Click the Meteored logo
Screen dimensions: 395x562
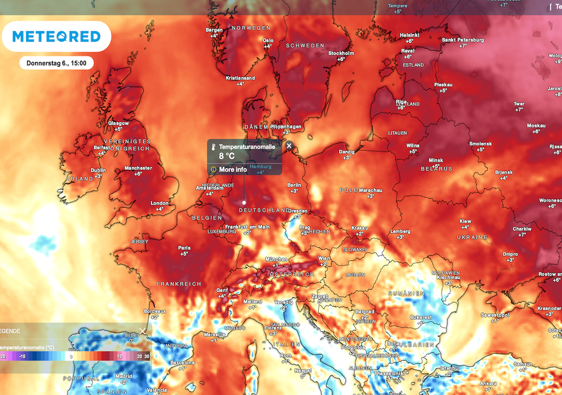(x=57, y=37)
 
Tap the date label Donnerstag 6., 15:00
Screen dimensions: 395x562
(x=57, y=63)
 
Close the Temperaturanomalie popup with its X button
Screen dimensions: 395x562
(x=289, y=146)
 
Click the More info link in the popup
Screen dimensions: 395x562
(x=233, y=170)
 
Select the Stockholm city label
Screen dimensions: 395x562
(x=341, y=53)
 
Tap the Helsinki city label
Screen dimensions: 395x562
(x=409, y=35)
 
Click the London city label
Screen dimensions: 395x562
(x=160, y=203)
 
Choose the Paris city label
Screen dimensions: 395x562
(x=184, y=248)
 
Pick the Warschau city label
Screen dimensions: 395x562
(x=370, y=190)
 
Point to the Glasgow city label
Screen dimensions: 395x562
(x=119, y=123)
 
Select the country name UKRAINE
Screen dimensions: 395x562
(x=472, y=237)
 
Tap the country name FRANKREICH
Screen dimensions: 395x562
(x=178, y=284)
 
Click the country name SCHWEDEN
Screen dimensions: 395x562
(x=305, y=46)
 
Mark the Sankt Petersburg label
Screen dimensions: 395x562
(x=463, y=40)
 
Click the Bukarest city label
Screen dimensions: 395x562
(x=421, y=317)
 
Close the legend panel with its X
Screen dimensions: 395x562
(x=143, y=331)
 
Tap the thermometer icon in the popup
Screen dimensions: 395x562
(x=213, y=147)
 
